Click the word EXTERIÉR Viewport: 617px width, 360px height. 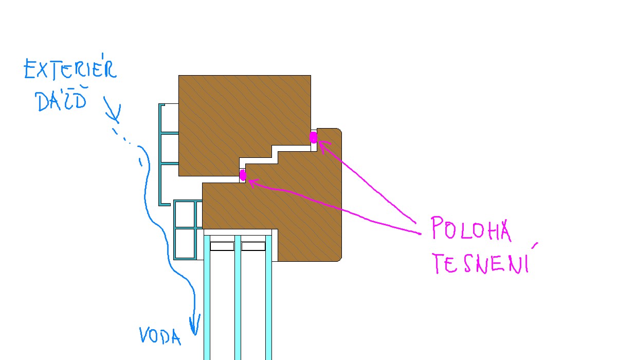[70, 70]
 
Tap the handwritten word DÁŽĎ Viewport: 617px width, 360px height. [61, 101]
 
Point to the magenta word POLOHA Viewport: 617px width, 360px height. [470, 229]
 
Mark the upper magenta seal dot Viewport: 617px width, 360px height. [313, 137]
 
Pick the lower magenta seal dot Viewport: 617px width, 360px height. [243, 175]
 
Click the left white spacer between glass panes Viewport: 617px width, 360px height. [222, 246]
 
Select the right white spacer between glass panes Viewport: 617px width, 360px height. [253, 246]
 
